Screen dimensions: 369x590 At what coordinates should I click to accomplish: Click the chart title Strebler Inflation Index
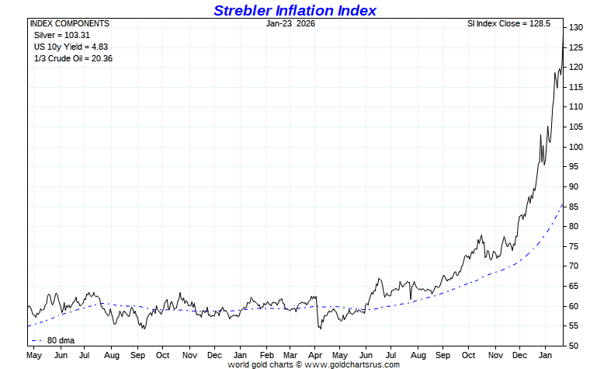294,10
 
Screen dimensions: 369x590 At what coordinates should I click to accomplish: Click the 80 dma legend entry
57,339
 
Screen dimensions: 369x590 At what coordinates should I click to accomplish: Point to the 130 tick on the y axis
574,27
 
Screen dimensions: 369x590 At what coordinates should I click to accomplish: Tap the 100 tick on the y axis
574,147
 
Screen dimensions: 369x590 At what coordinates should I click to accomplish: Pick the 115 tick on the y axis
574,87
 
